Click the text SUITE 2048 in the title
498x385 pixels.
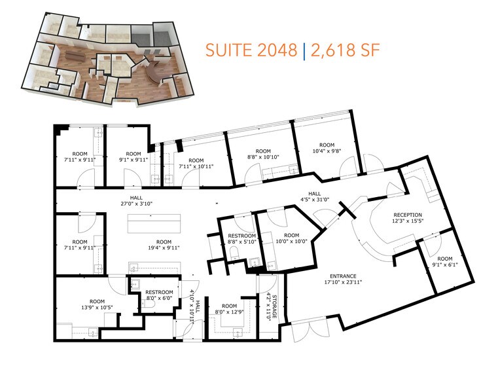(x=251, y=50)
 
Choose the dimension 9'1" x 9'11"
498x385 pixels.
(x=133, y=159)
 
